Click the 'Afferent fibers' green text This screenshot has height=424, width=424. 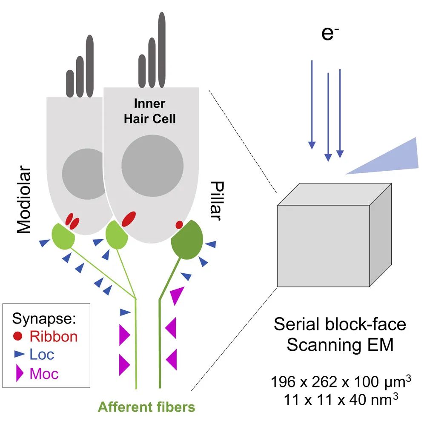pos(146,407)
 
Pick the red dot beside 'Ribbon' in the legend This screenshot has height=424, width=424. pos(18,337)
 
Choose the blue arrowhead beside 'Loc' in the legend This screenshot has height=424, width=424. pos(19,353)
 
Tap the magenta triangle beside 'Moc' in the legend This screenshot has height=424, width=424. pos(20,373)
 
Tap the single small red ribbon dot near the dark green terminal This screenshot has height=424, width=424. pos(179,224)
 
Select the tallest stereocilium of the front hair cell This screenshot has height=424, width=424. pos(161,49)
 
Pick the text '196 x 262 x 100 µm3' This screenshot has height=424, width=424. pos(340,382)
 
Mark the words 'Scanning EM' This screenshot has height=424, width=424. pos(340,345)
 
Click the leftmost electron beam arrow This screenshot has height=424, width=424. pos(312,104)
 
